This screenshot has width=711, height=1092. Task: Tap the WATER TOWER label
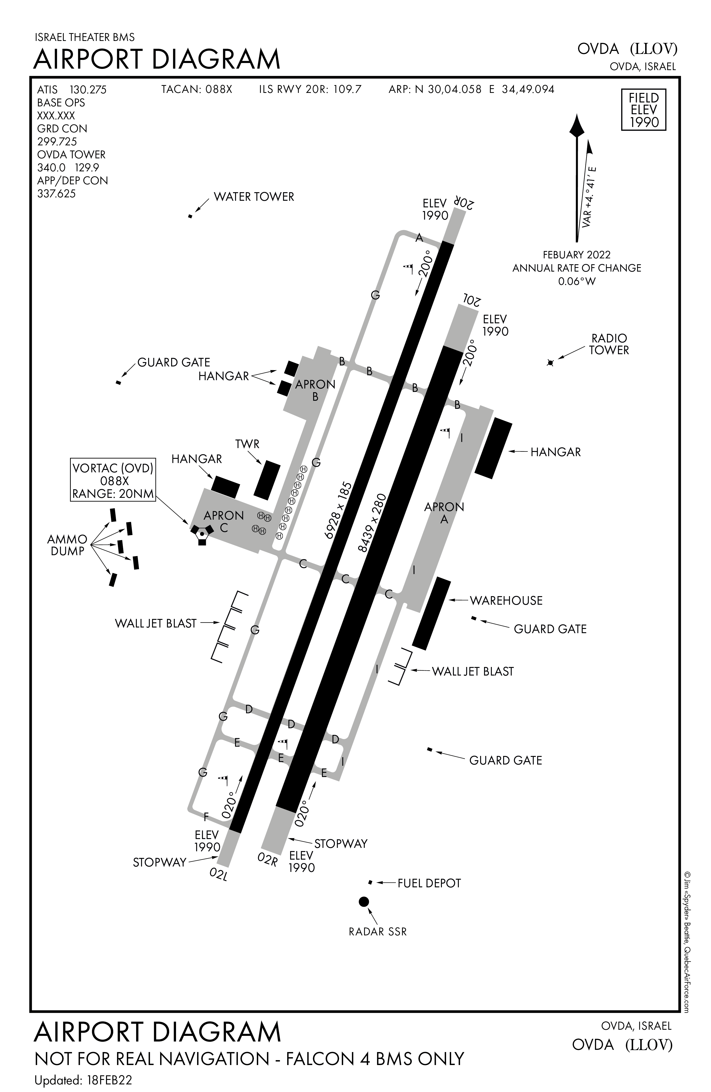click(x=253, y=197)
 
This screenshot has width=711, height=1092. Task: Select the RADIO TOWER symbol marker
click(x=551, y=363)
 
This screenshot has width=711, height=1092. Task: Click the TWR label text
click(x=248, y=444)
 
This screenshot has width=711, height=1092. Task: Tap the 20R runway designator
click(x=463, y=202)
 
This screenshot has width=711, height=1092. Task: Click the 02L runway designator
click(x=219, y=874)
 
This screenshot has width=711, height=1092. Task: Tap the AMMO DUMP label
click(x=67, y=545)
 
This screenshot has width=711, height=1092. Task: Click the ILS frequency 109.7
click(x=347, y=89)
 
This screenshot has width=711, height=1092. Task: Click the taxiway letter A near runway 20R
click(x=418, y=238)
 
